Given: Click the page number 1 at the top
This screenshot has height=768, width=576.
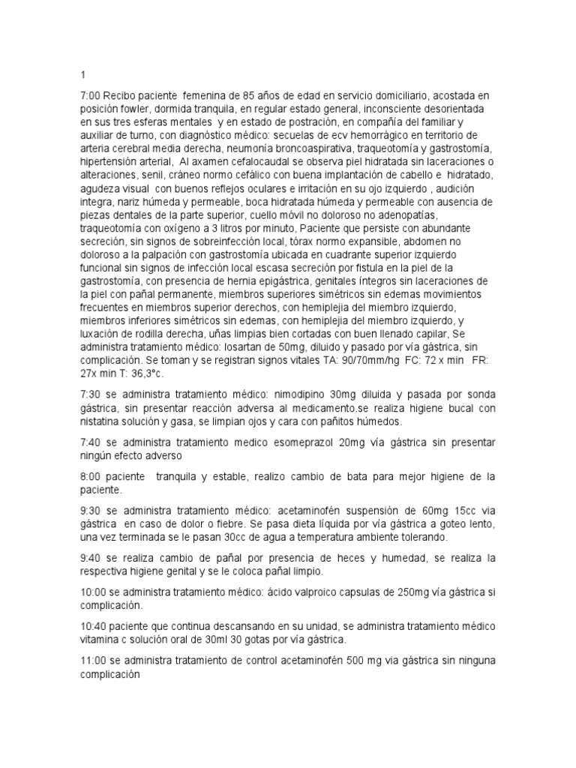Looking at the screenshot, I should tap(82, 75).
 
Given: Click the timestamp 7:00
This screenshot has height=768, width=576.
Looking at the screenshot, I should tap(91, 95).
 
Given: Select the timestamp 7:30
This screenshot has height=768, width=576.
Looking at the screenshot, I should tap(91, 394).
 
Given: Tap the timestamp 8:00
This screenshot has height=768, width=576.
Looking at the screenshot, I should tap(91, 477).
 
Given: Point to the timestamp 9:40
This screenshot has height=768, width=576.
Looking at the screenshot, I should tap(91, 559).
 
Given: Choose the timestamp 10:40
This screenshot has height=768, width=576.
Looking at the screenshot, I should tap(94, 626).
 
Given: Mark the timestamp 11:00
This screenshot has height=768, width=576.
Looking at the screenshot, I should tap(94, 660).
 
